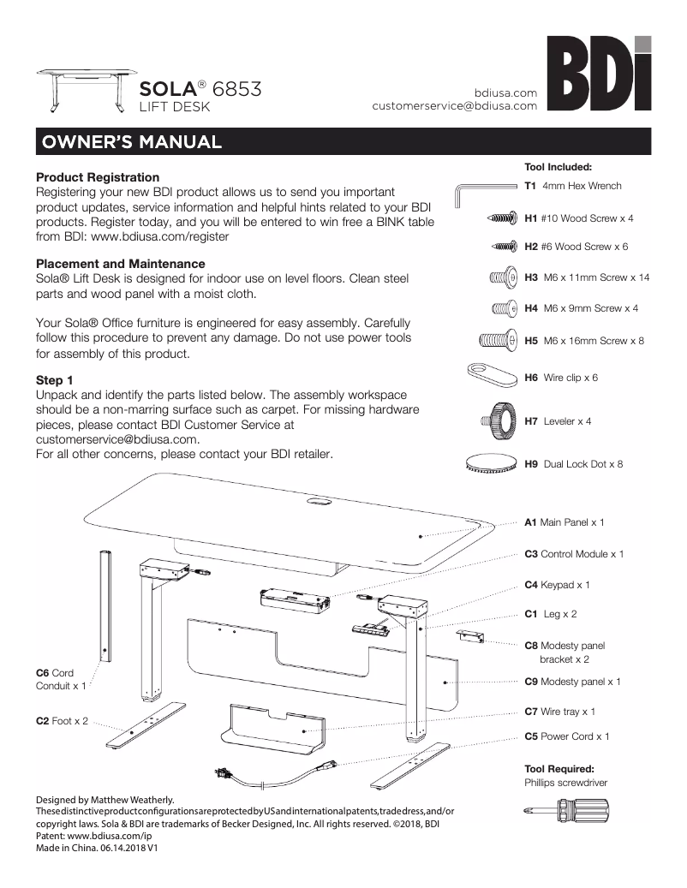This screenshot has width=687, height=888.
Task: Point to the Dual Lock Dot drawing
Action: [492, 463]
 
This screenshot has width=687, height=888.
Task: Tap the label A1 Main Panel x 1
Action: [565, 521]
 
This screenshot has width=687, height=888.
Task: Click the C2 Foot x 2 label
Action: [62, 722]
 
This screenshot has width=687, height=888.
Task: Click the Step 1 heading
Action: [56, 379]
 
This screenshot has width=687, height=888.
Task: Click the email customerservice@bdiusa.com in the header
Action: [454, 106]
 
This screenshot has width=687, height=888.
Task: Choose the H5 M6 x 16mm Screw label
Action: [584, 341]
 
